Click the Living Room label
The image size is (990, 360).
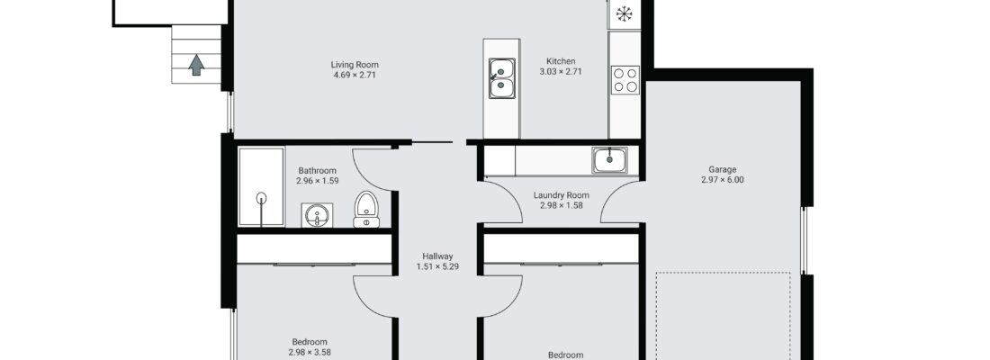coord(355,65)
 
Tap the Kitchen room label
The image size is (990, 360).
coord(561,61)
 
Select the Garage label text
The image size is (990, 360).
coord(723,169)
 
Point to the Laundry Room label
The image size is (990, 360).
coord(562,195)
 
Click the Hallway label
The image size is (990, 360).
coord(437,256)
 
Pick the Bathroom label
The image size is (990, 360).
coord(317,170)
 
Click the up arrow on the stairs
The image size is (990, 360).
coord(196,65)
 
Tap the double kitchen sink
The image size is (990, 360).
coord(502,78)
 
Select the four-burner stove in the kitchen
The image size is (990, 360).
coord(625,80)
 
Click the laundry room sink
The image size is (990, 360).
coord(609,160)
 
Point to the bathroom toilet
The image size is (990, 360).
coord(366,209)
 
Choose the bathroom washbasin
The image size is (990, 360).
coord(317,215)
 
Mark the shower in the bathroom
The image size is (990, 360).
coord(261,186)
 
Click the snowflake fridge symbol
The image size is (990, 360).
coord(624,13)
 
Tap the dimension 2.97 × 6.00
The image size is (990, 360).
coord(723,179)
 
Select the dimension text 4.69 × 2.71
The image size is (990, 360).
coord(355,76)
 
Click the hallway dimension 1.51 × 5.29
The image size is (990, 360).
coord(437,266)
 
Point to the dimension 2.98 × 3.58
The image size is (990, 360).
coord(310,353)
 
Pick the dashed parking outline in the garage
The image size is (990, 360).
coord(723,273)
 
